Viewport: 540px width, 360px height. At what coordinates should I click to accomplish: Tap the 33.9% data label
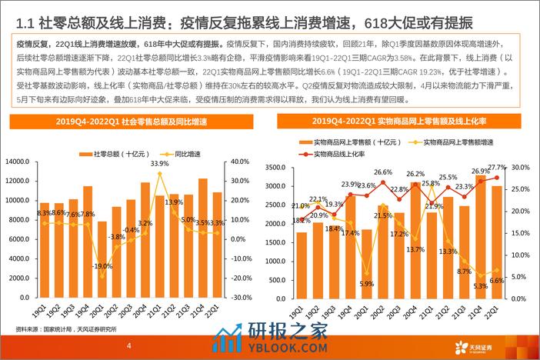tap(160, 164)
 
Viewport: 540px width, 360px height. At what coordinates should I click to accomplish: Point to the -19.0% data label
tap(103, 266)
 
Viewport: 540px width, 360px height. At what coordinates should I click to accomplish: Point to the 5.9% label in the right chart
tap(366, 284)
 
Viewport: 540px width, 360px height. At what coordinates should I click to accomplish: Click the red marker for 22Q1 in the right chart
tap(497, 178)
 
